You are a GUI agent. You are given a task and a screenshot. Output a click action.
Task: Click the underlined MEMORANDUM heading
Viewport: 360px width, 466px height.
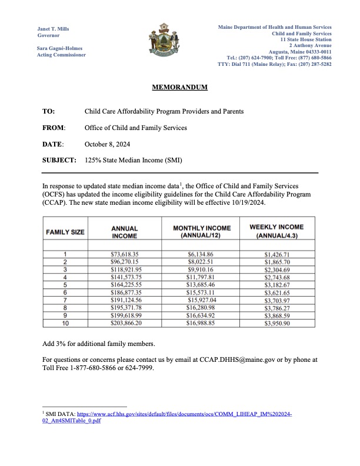180,87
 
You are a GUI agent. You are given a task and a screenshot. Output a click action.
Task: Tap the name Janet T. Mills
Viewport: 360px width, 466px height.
54,28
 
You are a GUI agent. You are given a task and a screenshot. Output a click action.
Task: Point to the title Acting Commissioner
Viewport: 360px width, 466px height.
61,55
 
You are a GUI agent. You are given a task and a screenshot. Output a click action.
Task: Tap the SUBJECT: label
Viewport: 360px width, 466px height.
59,160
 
